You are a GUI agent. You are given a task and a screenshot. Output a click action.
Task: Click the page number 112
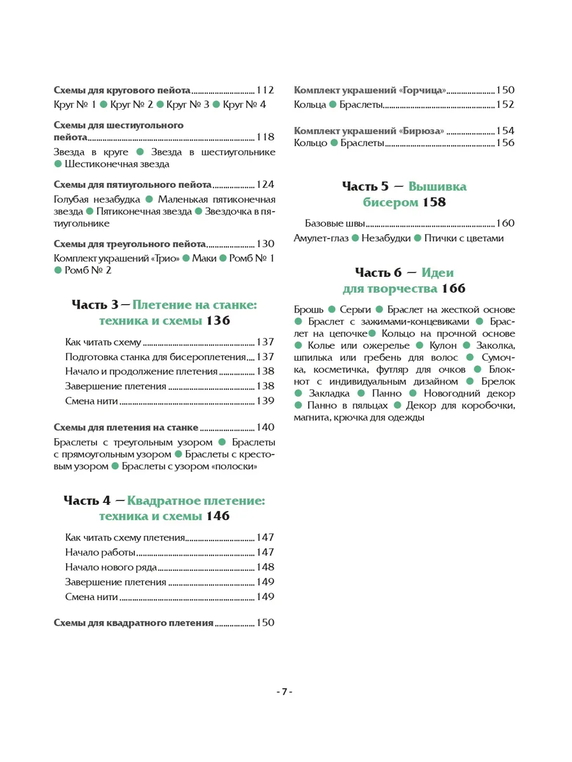[265, 90]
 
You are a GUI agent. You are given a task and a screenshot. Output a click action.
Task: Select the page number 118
[265, 137]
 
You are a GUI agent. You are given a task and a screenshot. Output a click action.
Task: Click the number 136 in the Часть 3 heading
[217, 321]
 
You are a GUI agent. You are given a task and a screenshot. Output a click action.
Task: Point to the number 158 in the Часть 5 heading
[432, 203]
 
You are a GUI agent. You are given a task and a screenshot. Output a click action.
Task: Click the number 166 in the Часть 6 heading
[452, 288]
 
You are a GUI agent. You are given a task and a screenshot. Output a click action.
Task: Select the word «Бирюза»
[422, 131]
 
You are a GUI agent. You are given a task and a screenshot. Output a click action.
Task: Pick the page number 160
[505, 224]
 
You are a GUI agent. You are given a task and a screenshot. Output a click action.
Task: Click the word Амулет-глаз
[320, 238]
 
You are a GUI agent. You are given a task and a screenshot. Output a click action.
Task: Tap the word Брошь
[310, 310]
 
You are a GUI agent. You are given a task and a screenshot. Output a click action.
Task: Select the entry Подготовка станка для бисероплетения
[155, 357]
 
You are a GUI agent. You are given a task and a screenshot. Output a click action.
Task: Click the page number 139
[265, 401]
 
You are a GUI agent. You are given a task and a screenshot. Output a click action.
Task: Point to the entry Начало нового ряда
[111, 567]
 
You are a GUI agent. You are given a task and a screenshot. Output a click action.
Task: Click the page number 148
[265, 567]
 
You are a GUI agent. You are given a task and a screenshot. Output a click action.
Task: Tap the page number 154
[505, 131]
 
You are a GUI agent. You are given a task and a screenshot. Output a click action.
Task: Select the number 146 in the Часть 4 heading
[217, 516]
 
